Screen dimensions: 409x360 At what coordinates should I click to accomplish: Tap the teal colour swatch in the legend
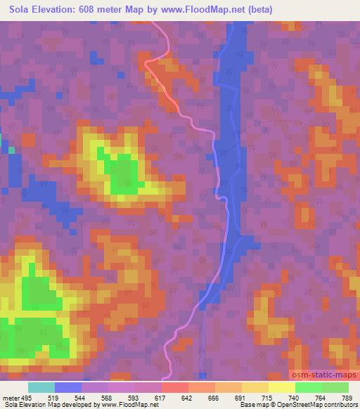point(41,387)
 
